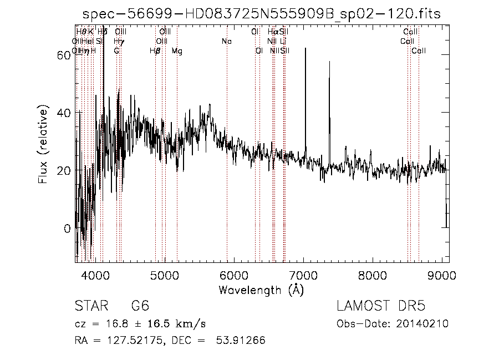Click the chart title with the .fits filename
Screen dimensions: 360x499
point(261,14)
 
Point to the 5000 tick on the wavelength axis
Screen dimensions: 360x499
point(164,275)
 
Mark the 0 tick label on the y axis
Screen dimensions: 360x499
point(67,228)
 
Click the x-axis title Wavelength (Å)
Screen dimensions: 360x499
point(261,290)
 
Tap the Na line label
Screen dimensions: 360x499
point(226,41)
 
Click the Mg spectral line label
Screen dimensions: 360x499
point(177,51)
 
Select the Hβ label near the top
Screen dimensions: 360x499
point(155,51)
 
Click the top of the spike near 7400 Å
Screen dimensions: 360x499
point(329,62)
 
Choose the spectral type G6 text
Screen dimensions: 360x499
point(140,306)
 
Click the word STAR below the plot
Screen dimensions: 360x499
point(91,306)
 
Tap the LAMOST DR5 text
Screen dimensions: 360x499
point(381,306)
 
